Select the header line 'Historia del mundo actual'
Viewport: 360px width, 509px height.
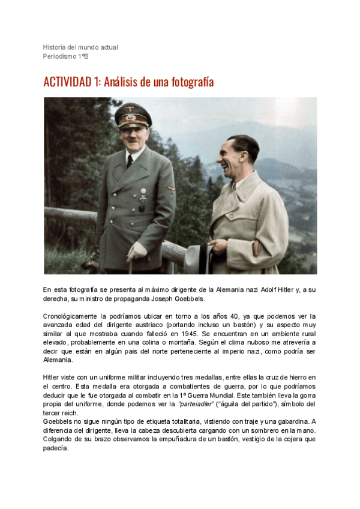point(80,47)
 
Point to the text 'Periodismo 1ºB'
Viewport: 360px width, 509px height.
point(65,56)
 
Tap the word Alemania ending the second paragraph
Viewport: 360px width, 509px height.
point(58,360)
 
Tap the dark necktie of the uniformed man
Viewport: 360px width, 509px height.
point(129,161)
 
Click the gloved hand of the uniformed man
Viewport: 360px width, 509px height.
point(136,250)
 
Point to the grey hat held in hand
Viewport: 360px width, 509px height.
point(197,259)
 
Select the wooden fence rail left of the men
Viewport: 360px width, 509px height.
point(69,214)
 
